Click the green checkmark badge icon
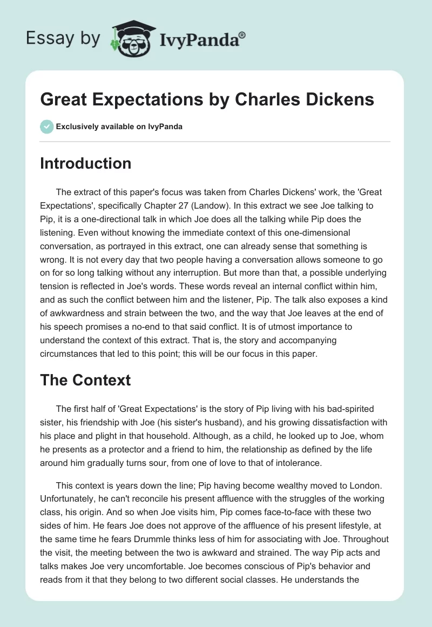(46, 126)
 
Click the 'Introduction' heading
(85, 163)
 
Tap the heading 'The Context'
(85, 380)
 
